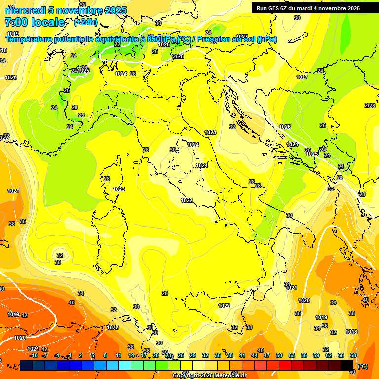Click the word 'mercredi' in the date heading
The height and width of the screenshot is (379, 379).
25,10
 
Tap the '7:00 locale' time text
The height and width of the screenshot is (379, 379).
35,22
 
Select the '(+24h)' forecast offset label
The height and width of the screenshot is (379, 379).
85,22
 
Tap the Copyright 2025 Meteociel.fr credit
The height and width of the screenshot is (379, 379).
209,376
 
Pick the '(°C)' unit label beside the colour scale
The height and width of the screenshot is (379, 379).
362,366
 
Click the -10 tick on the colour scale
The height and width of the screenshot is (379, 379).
34,355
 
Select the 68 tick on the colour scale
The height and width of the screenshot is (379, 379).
353,355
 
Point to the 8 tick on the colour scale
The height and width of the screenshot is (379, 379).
105,355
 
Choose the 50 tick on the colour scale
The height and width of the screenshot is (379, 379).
279,355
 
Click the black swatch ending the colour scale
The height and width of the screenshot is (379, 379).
347,365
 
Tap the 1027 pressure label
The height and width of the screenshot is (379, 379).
302,77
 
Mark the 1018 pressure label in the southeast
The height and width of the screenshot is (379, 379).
351,332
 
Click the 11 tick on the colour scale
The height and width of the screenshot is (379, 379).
118,355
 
